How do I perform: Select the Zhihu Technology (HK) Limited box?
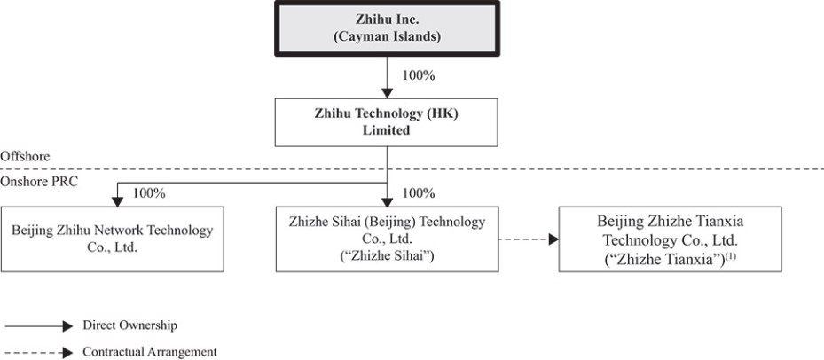coord(388,121)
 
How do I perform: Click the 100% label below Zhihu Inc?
coord(419,75)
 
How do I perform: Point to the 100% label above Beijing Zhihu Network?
coord(148,192)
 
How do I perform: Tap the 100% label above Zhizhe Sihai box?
coord(419,192)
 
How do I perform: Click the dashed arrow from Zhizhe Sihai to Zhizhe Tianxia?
coord(528,239)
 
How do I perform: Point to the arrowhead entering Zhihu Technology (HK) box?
coord(388,92)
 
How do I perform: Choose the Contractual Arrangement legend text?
coord(149,352)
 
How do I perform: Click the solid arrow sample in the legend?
coord(40,326)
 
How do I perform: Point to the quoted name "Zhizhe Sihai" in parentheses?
coord(387,257)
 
